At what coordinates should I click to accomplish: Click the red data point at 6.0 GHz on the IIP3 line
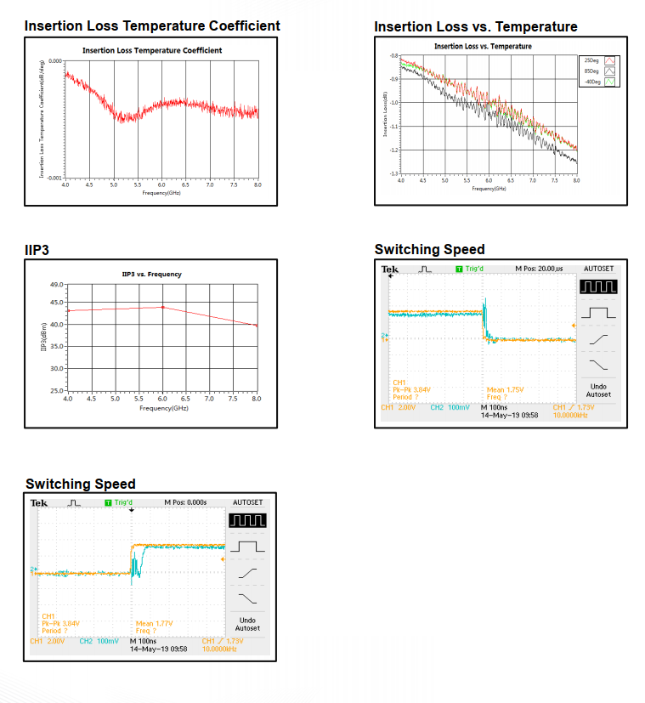tap(162, 307)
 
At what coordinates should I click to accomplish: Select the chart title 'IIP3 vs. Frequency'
tap(152, 275)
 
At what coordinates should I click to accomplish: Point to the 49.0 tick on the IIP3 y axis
tap(56, 285)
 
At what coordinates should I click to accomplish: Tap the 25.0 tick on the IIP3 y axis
tap(56, 390)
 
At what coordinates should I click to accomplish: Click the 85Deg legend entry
tap(592, 71)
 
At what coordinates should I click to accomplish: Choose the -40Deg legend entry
tap(592, 82)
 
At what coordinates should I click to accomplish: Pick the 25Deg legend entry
tap(592, 61)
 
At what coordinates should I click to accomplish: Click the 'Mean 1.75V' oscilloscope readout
tap(507, 389)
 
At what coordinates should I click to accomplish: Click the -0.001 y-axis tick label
tap(55, 178)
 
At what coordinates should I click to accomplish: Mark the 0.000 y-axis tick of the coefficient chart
tap(56, 62)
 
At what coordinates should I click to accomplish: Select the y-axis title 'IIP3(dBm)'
tap(42, 337)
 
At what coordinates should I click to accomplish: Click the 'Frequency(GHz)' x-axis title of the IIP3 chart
tap(161, 408)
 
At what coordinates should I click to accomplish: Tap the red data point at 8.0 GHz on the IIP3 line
tap(256, 326)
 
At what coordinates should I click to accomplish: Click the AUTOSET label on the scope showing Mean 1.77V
tap(248, 502)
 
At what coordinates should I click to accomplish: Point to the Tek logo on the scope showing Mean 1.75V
tap(390, 269)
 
